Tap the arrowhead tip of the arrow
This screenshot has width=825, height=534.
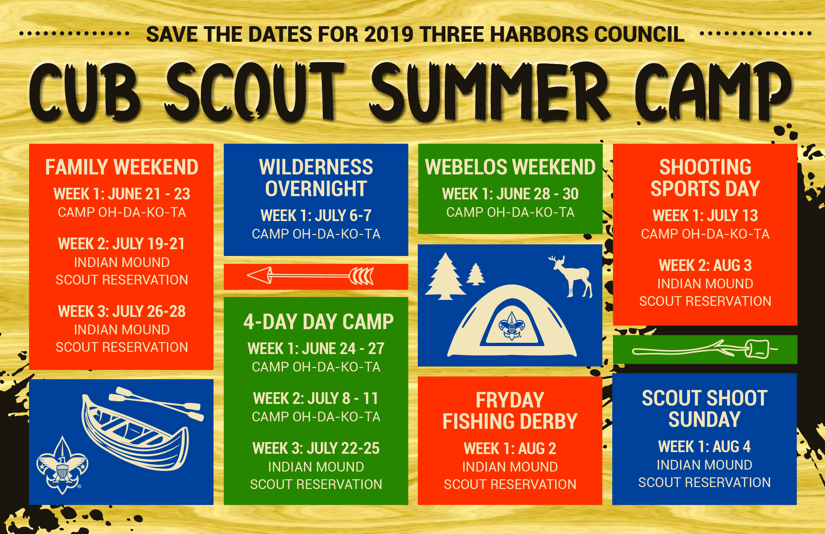pyautogui.click(x=247, y=276)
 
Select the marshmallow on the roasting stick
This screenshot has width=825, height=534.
pyautogui.click(x=757, y=349)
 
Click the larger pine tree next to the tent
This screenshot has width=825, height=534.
pyautogui.click(x=445, y=276)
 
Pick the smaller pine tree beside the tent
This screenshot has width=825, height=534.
pyautogui.click(x=476, y=274)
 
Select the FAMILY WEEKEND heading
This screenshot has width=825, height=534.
pyautogui.click(x=122, y=167)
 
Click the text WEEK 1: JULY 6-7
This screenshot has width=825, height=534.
pyautogui.click(x=316, y=215)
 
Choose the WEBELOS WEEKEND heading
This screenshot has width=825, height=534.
pyautogui.click(x=510, y=167)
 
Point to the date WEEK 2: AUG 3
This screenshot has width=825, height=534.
pyautogui.click(x=705, y=265)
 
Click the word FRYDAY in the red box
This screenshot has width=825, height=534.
pyautogui.click(x=510, y=400)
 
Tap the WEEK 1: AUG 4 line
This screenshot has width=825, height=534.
pyautogui.click(x=704, y=446)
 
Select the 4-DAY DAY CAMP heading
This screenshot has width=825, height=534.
pyautogui.click(x=318, y=321)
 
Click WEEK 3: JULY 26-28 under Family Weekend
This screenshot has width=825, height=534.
pyautogui.click(x=122, y=311)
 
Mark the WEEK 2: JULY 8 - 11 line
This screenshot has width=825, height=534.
pyautogui.click(x=316, y=398)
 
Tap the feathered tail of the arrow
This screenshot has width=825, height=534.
pyautogui.click(x=361, y=276)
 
